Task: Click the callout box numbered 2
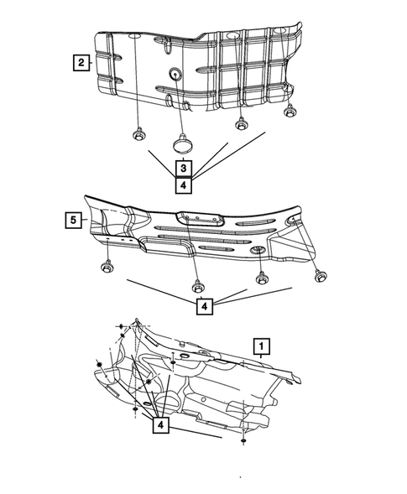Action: point(81,62)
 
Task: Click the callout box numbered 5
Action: point(74,221)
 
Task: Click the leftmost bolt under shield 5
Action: point(108,267)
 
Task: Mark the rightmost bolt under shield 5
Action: point(321,275)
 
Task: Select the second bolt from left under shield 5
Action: point(196,284)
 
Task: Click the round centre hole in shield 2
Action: point(175,73)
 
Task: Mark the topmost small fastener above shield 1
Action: point(123,325)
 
